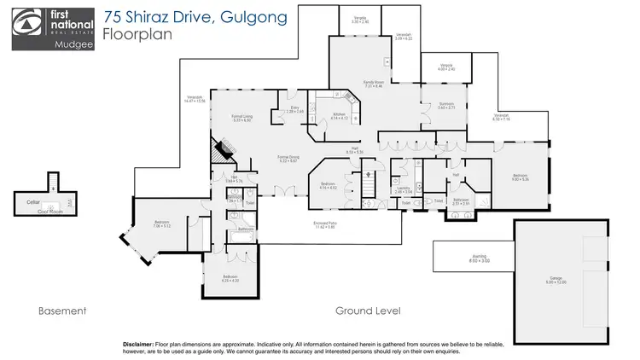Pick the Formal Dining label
pyautogui.click(x=288, y=157)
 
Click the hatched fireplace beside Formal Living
pyautogui.click(x=221, y=153)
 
